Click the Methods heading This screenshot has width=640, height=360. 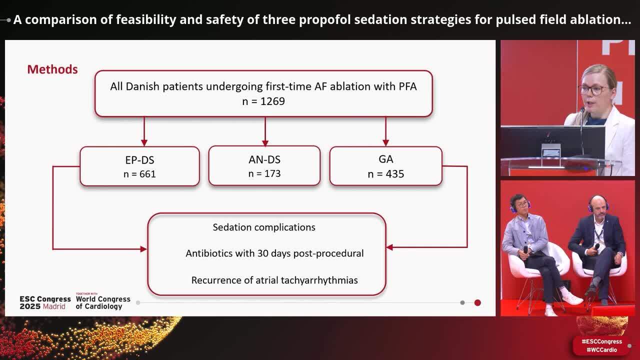pos(52,69)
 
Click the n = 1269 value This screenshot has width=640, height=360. pos(263,101)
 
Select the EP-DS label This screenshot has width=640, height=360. pos(139,160)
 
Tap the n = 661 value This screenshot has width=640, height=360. pos(139,174)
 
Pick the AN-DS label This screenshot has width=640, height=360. pos(264,160)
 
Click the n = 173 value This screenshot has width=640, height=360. pos(264,173)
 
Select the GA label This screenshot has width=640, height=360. pos(385,159)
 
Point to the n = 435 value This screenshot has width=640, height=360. pos(385,174)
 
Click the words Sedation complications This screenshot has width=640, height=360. pos(264,227)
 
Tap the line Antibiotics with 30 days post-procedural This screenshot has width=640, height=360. pos(274,253)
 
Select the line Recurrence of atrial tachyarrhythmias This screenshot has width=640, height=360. pos(274,280)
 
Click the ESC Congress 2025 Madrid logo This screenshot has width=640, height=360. pos(45,302)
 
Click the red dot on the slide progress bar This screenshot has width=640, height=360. pos(477,302)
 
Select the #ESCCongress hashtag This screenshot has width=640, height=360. pos(601,341)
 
